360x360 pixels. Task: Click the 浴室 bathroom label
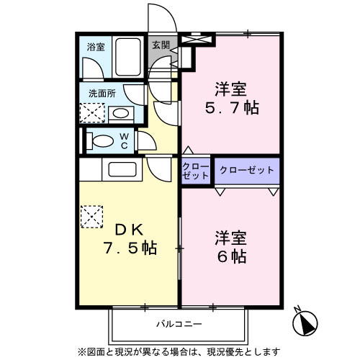click(96, 47)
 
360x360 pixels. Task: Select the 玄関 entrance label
click(161, 45)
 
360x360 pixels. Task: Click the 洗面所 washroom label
click(102, 94)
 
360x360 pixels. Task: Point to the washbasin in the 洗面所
click(120, 113)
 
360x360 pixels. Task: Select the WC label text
click(124, 141)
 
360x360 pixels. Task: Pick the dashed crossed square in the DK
click(92, 217)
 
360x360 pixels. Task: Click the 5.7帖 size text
click(230, 109)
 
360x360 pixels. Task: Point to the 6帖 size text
click(231, 256)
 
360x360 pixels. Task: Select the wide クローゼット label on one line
click(247, 170)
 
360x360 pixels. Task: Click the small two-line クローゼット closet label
click(195, 171)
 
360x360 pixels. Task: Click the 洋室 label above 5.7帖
click(230, 90)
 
